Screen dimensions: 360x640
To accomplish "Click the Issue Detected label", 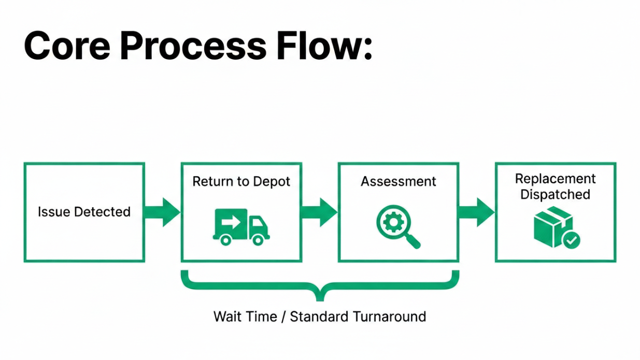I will (x=84, y=212).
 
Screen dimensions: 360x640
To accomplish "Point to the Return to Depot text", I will (x=241, y=182).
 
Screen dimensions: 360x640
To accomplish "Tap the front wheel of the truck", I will (x=257, y=239).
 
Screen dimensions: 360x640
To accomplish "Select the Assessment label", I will (x=399, y=182).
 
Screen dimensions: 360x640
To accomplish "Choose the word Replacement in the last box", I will (x=555, y=179).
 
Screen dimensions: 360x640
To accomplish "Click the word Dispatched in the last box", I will (x=555, y=195).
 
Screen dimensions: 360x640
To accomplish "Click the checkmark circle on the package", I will (x=571, y=240).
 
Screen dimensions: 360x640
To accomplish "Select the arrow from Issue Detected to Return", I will (x=163, y=212).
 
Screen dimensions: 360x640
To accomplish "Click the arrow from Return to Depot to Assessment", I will (x=320, y=212).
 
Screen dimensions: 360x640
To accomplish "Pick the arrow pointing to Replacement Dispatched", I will (x=477, y=212).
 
